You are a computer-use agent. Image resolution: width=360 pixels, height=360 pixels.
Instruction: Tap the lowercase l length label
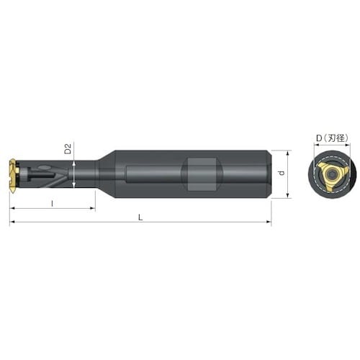(x=53, y=203)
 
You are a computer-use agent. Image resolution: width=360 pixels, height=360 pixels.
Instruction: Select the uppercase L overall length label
(x=140, y=217)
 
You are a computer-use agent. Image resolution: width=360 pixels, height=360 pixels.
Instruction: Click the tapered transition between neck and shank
(x=104, y=174)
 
